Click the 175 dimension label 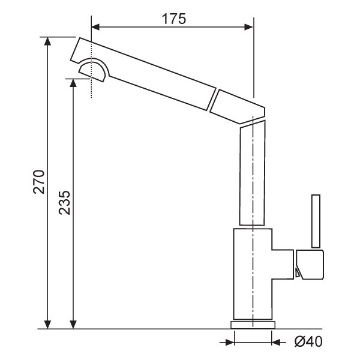[x=174, y=19]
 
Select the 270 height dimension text [x=38, y=182]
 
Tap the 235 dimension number [x=64, y=203]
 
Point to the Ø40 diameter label [x=308, y=341]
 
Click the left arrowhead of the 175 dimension [x=95, y=27]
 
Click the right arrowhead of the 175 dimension [x=248, y=27]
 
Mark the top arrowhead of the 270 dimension [x=47, y=41]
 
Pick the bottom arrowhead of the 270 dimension [x=47, y=325]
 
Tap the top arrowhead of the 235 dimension [x=73, y=83]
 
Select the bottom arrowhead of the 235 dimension [x=73, y=325]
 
